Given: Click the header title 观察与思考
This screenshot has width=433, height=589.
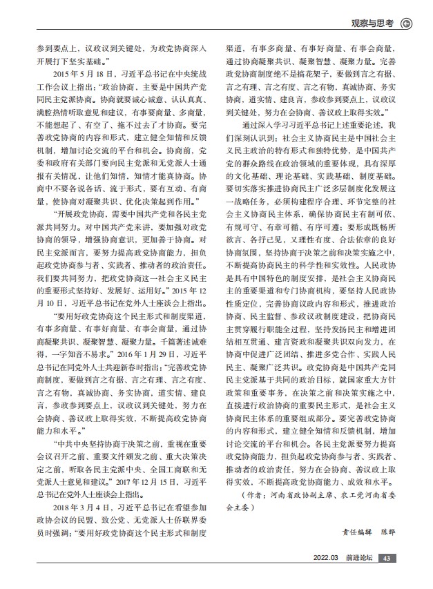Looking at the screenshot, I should click(370, 23).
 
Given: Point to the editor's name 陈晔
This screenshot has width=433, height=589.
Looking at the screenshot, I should click(392, 532).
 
